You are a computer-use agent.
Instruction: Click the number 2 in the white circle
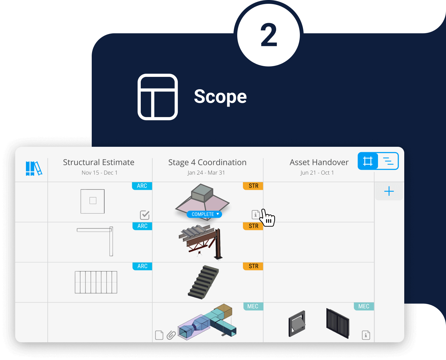pyautogui.click(x=269, y=35)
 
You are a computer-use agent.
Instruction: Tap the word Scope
pyautogui.click(x=220, y=96)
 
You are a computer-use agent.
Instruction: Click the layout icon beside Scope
pyautogui.click(x=158, y=97)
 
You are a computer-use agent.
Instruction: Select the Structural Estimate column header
pyautogui.click(x=99, y=162)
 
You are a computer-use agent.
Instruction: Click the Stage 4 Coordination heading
pyautogui.click(x=207, y=162)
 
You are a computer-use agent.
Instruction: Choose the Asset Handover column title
pyautogui.click(x=319, y=162)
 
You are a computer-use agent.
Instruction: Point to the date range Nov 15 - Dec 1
pyautogui.click(x=99, y=173)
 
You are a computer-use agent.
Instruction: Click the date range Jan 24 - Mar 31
pyautogui.click(x=206, y=173)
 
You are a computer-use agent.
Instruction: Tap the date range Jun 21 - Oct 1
pyautogui.click(x=317, y=173)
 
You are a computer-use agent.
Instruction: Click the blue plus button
pyautogui.click(x=389, y=191)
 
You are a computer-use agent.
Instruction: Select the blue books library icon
pyautogui.click(x=34, y=168)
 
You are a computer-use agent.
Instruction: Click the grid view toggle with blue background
pyautogui.click(x=368, y=161)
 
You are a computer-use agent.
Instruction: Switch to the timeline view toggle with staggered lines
pyautogui.click(x=388, y=161)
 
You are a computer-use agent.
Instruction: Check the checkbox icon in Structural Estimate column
pyautogui.click(x=145, y=215)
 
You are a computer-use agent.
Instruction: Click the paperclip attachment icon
pyautogui.click(x=171, y=335)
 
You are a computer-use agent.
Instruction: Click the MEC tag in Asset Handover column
pyautogui.click(x=364, y=306)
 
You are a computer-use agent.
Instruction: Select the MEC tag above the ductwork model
pyautogui.click(x=253, y=306)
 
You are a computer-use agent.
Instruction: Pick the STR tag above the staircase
pyautogui.click(x=253, y=266)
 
